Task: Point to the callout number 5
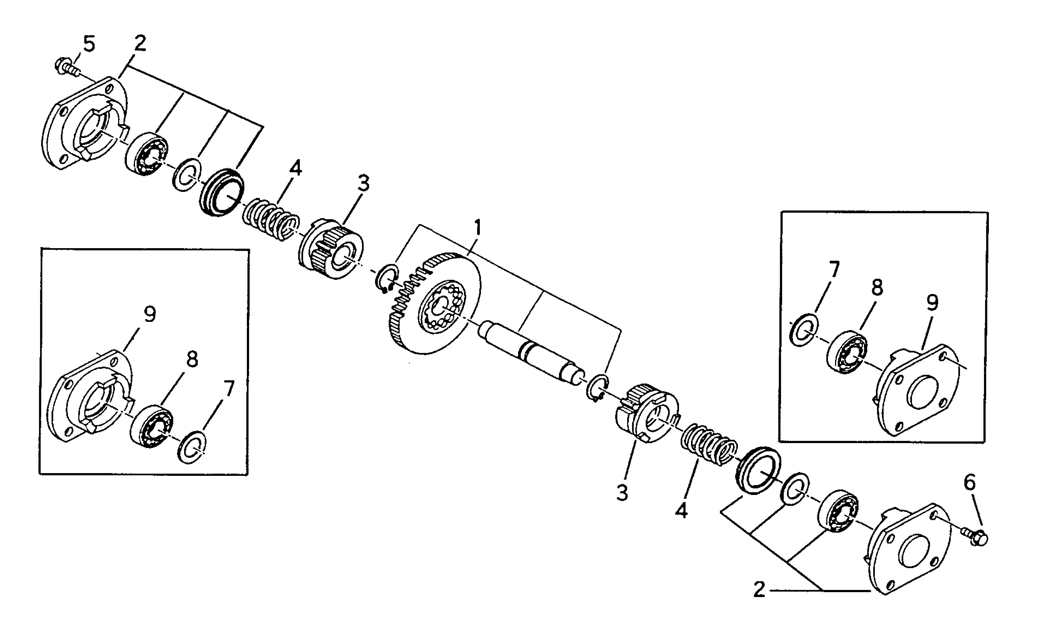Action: pos(89,44)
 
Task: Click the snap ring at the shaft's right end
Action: pos(597,387)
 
